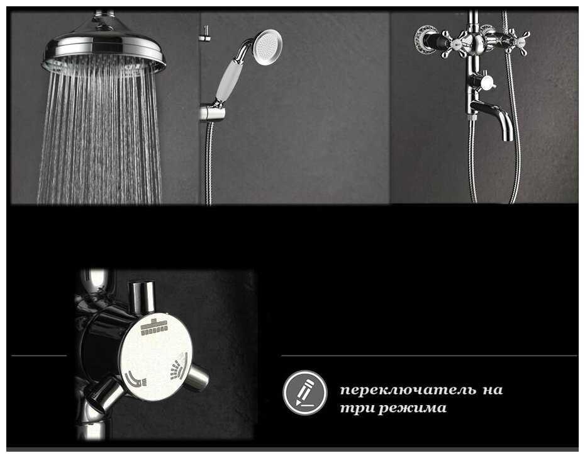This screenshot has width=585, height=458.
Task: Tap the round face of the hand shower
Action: click(267, 47)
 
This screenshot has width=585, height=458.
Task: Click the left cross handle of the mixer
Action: click(452, 44)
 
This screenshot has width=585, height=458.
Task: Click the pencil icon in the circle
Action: click(305, 392)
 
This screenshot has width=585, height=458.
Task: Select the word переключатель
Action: click(408, 391)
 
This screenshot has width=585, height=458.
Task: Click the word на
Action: click(493, 391)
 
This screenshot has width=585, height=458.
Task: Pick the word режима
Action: click(413, 408)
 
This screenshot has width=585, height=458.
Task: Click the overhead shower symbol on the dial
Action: click(154, 328)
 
